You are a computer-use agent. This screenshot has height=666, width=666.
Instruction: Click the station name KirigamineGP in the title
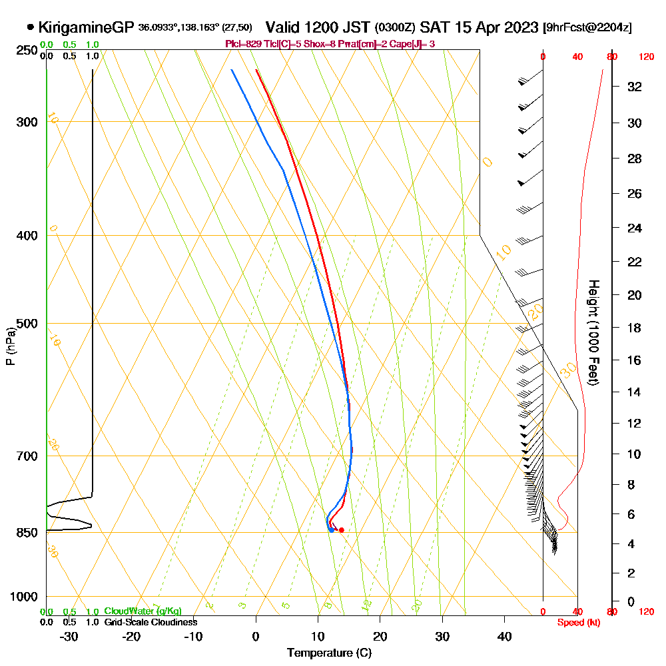(86, 27)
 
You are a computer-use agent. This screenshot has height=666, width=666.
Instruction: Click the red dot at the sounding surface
(341, 530)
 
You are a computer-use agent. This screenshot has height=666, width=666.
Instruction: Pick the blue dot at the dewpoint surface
(331, 530)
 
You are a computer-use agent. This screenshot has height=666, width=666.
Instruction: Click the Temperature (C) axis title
(329, 653)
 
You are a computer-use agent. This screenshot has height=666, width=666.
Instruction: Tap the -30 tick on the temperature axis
(69, 636)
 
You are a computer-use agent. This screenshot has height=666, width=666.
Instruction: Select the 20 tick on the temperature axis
(380, 636)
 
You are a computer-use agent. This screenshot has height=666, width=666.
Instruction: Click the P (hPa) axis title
(10, 346)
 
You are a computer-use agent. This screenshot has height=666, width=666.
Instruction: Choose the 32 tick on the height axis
(635, 87)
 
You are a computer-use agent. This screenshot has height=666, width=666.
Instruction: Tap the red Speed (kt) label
(577, 622)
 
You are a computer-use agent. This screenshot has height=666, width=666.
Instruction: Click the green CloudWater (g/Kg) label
(143, 611)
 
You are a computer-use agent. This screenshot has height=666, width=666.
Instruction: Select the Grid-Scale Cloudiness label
(151, 622)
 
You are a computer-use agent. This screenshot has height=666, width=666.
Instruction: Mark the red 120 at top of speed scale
(646, 57)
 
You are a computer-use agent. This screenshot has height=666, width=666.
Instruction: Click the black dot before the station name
(31, 27)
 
